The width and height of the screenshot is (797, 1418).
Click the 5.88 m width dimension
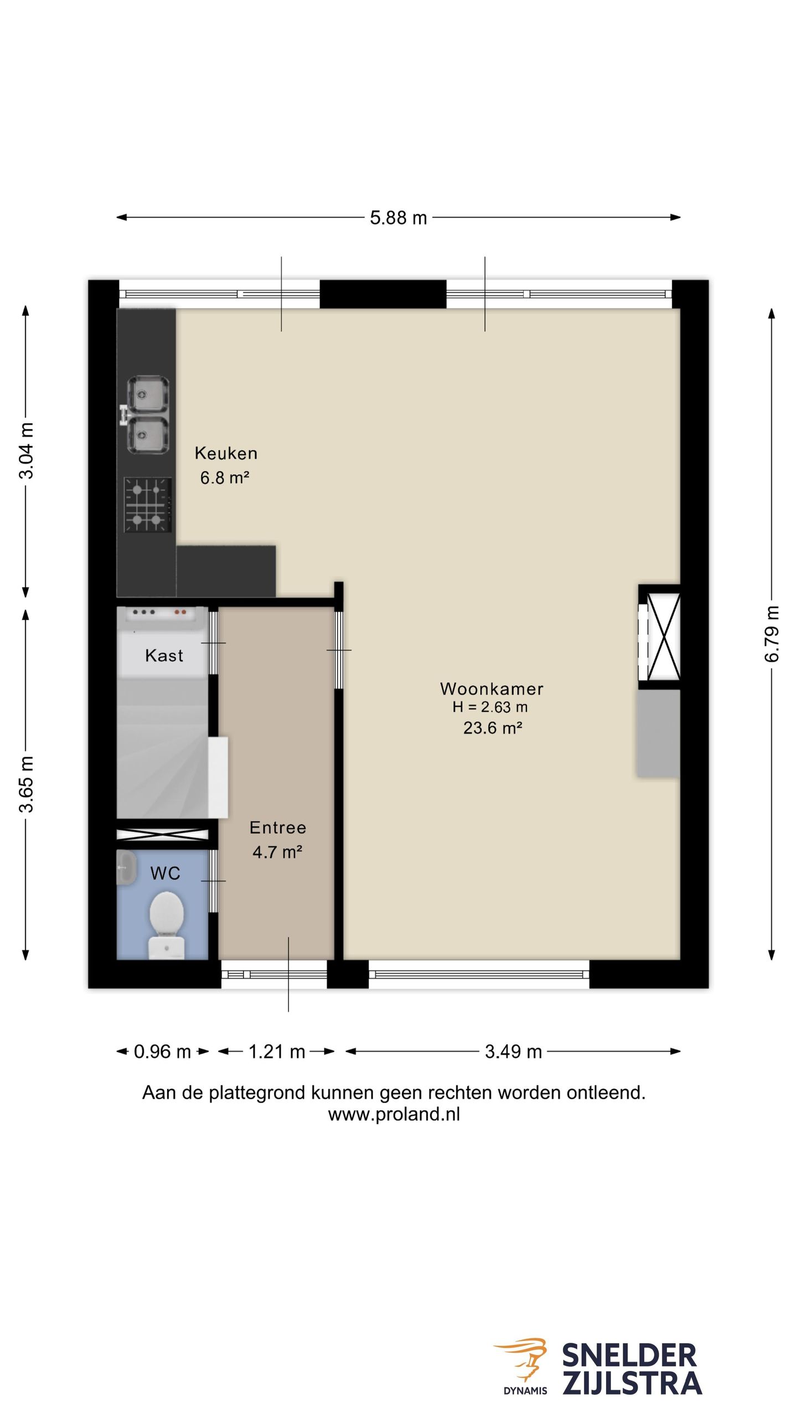(398, 218)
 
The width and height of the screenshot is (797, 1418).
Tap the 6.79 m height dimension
(772, 634)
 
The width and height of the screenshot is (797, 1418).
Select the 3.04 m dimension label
(26, 450)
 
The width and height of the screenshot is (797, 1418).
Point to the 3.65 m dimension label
(26, 784)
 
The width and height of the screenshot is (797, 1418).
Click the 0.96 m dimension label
(162, 1051)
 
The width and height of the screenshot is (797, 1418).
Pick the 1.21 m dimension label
(277, 1051)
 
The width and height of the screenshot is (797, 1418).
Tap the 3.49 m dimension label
(513, 1051)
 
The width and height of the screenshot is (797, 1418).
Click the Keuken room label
(226, 453)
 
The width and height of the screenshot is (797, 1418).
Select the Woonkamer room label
(491, 689)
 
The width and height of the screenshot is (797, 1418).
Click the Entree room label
(278, 827)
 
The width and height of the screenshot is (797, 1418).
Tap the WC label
(165, 874)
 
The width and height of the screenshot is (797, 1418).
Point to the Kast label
(164, 655)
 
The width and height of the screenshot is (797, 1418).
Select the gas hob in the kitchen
(147, 505)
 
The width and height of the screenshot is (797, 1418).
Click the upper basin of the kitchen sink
(148, 394)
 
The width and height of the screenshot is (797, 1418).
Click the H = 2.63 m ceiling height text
(490, 707)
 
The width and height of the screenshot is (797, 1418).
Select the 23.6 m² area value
(493, 727)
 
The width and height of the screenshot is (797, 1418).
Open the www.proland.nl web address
(394, 1114)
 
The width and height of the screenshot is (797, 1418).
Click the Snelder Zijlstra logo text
(632, 1368)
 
